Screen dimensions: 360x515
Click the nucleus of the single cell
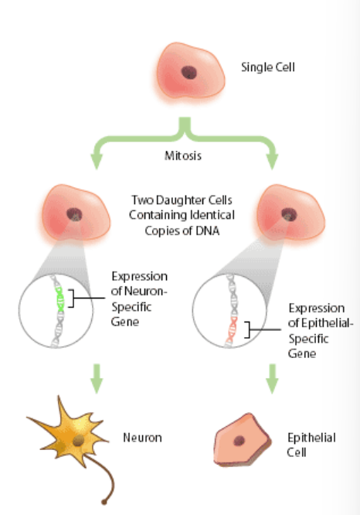[189, 73]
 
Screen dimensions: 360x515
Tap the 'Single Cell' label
[268, 67]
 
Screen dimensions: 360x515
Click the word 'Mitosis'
[183, 155]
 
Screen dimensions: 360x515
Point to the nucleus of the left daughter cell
[74, 214]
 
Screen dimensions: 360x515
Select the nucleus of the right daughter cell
[289, 215]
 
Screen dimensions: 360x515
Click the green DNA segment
[60, 299]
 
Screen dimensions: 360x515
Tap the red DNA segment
[233, 330]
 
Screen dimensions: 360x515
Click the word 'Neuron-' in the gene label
[146, 291]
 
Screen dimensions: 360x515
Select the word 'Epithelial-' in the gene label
[328, 323]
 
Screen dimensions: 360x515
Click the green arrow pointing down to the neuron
[97, 378]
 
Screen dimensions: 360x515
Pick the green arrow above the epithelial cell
[272, 378]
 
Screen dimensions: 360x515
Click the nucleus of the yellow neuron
[78, 441]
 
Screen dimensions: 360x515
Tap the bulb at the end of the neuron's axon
[104, 502]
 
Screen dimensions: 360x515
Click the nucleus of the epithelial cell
[239, 441]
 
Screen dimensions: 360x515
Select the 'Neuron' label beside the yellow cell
[142, 438]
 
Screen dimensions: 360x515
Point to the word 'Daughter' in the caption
[176, 200]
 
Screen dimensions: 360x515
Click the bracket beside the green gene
[71, 298]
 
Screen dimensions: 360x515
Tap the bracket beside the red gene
[247, 329]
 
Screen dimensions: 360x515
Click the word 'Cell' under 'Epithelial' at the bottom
[297, 452]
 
